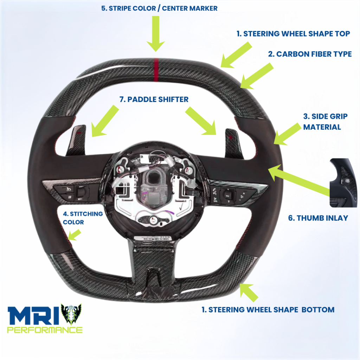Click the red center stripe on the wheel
click(156, 70)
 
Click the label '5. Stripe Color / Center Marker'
click(159, 8)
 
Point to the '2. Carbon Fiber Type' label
click(310, 54)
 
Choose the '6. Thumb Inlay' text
click(318, 218)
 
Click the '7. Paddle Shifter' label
click(154, 99)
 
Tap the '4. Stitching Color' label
click(83, 218)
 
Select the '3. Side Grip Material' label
click(325, 122)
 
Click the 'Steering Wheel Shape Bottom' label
click(268, 309)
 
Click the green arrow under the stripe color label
click(156, 33)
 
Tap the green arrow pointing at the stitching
click(74, 235)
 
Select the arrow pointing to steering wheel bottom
click(248, 292)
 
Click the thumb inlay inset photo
click(343, 183)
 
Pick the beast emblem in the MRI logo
click(71, 314)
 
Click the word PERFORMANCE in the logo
click(45, 330)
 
